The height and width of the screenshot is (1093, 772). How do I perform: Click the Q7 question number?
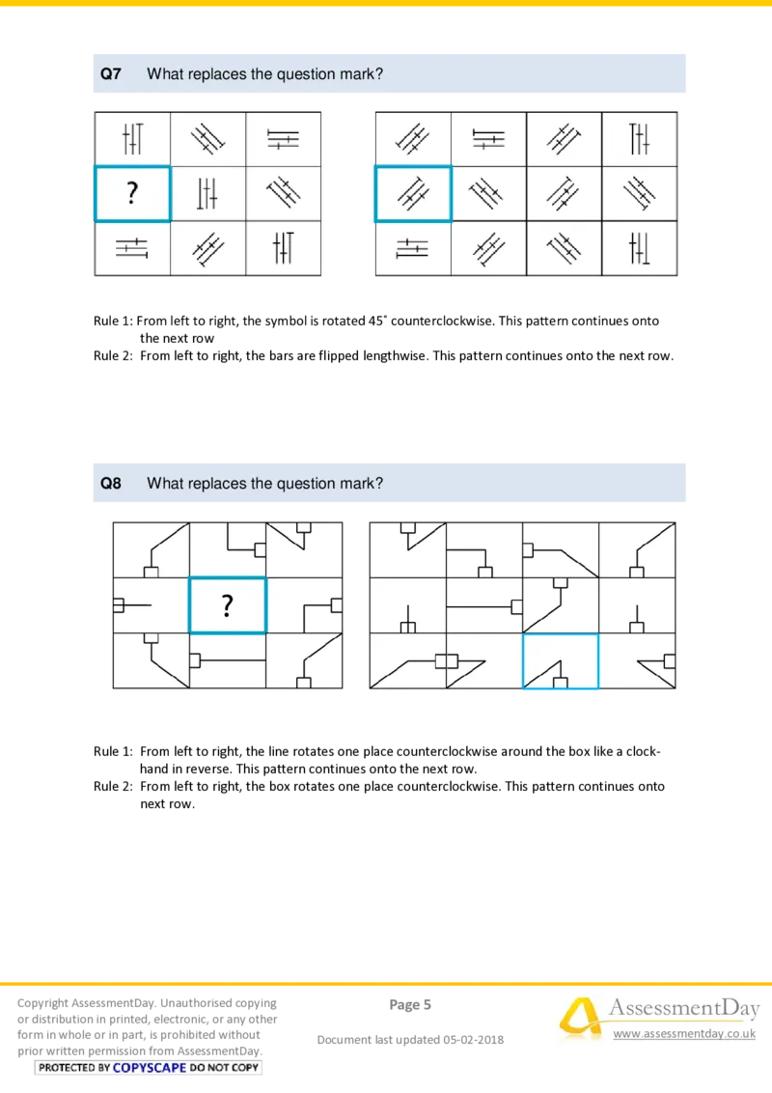pyautogui.click(x=111, y=74)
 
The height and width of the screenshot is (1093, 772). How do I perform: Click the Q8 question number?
pyautogui.click(x=111, y=484)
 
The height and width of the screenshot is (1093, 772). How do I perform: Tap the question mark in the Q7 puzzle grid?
pyautogui.click(x=132, y=194)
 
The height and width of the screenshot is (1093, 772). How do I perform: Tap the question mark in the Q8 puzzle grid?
pyautogui.click(x=227, y=605)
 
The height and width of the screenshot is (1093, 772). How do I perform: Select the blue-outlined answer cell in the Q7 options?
pyautogui.click(x=413, y=194)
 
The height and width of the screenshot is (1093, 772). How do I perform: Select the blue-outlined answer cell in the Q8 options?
pyautogui.click(x=561, y=661)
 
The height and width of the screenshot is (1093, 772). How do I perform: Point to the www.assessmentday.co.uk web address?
pyautogui.click(x=684, y=1034)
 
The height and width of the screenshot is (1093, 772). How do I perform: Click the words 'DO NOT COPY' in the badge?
pyautogui.click(x=225, y=1068)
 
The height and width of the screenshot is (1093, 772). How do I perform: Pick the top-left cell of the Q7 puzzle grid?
pyautogui.click(x=132, y=140)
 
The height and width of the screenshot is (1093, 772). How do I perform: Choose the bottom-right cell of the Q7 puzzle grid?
pyautogui.click(x=283, y=249)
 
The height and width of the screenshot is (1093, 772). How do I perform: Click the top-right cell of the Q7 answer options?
pyautogui.click(x=640, y=140)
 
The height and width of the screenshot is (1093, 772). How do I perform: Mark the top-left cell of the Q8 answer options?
pyautogui.click(x=408, y=549)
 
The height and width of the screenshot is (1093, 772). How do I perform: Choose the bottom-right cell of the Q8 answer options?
pyautogui.click(x=638, y=661)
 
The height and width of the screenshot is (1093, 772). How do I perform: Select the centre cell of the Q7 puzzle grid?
pyautogui.click(x=207, y=194)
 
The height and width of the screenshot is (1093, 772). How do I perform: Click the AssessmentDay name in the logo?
pyautogui.click(x=682, y=1009)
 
